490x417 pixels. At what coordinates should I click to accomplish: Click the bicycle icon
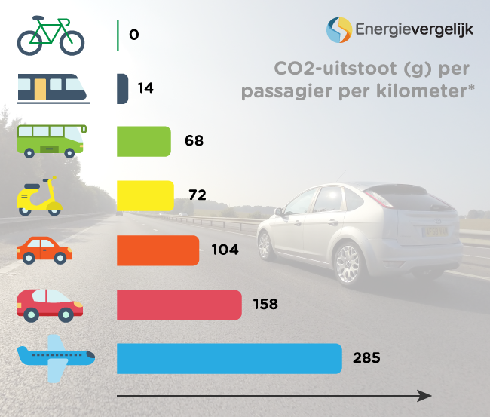point(51,35)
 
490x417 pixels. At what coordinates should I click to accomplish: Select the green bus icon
point(51,141)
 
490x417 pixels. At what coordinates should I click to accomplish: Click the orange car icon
point(45,250)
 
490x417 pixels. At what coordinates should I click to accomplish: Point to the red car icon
point(50,304)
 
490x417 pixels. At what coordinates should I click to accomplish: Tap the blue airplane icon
point(57,357)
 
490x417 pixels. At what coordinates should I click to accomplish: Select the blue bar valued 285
point(229,358)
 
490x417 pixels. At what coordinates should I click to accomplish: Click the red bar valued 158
point(179,305)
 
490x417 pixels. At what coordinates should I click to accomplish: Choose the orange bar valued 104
point(158,250)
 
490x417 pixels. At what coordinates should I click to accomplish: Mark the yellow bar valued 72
point(145,196)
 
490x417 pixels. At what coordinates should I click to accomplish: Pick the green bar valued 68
point(144,142)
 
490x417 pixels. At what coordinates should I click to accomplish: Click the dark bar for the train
point(122,88)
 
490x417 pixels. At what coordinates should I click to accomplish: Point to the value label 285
point(366,358)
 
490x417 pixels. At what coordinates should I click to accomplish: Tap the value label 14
point(145,88)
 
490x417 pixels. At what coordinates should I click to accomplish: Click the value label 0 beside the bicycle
point(134,35)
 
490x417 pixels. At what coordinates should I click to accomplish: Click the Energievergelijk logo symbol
point(338,29)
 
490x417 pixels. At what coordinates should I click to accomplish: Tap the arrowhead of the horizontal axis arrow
point(425,396)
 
